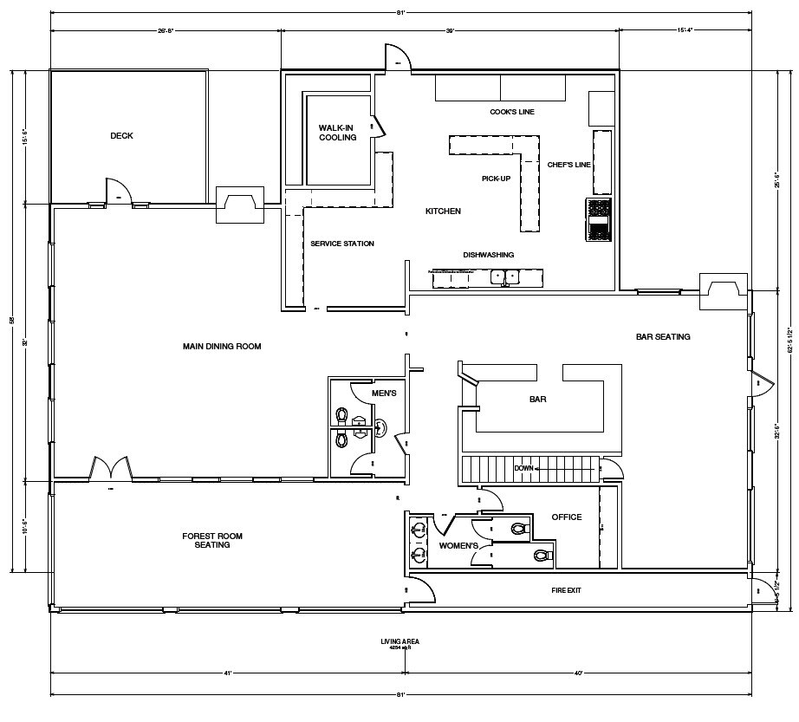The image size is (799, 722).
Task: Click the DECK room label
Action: (121, 136)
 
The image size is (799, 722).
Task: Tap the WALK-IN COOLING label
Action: (337, 133)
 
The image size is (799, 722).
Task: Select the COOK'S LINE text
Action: (512, 113)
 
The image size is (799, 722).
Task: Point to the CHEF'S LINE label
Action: (568, 165)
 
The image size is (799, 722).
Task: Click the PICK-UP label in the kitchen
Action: (496, 179)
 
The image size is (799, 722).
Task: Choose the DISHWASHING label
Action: (488, 255)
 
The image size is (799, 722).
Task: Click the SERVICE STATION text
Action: (342, 244)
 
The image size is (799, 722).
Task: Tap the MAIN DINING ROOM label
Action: (222, 347)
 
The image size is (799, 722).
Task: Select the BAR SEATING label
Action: (663, 336)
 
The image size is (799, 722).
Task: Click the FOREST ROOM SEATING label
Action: (212, 541)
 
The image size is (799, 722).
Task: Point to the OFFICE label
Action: (567, 517)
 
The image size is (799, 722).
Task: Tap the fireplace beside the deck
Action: (239, 205)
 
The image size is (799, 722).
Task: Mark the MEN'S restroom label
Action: (384, 394)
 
